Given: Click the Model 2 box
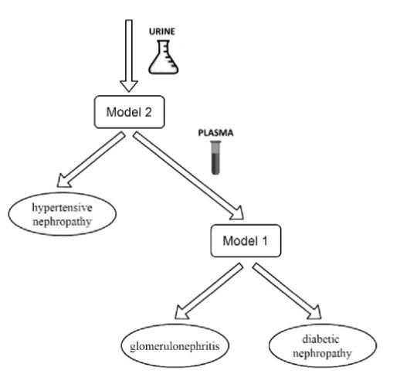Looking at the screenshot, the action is (129, 112).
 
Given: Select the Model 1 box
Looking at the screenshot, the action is (246, 240).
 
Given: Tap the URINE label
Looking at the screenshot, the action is (162, 32).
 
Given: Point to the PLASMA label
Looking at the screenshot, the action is (215, 133).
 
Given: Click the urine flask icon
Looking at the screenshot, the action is (163, 57).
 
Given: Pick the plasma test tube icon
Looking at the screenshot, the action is (215, 158).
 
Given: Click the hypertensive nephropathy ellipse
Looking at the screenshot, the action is (63, 214).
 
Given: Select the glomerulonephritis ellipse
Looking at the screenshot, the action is (175, 345).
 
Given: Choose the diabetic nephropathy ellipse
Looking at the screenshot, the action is (323, 345).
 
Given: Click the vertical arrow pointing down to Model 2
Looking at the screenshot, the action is (129, 56).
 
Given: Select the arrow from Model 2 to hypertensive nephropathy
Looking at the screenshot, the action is (91, 159).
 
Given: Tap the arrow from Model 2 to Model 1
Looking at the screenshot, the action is (188, 175).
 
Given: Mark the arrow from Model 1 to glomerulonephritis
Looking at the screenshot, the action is (208, 291).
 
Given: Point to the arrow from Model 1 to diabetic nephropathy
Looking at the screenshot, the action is (287, 291).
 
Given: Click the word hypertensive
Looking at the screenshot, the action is (63, 208).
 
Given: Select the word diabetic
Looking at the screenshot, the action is (320, 339).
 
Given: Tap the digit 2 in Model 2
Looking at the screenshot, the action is (147, 112).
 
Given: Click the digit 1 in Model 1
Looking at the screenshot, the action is (264, 241).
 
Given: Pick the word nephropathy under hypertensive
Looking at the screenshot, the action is (63, 222).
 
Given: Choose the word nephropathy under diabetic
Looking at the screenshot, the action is (322, 353).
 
